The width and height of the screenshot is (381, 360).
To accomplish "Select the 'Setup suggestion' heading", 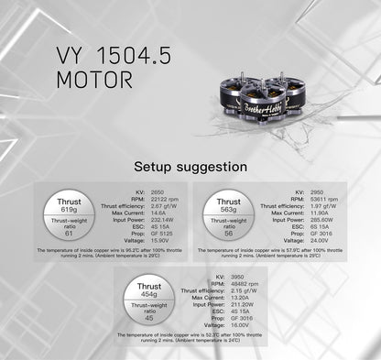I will [x=190, y=167].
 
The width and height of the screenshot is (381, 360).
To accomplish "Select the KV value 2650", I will [x=133, y=191].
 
